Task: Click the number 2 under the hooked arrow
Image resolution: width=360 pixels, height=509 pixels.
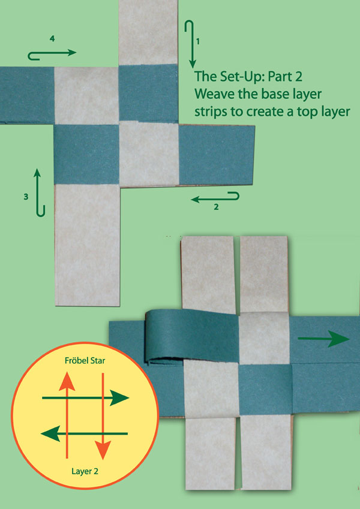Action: click(216, 208)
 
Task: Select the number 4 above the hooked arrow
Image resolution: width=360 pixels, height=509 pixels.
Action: click(53, 38)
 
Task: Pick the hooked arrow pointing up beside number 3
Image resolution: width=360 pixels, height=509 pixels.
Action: click(39, 192)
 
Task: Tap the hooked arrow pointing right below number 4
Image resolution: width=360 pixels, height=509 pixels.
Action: click(52, 54)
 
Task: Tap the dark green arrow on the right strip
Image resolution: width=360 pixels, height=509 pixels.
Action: click(324, 339)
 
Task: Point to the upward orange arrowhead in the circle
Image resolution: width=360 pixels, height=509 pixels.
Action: click(68, 380)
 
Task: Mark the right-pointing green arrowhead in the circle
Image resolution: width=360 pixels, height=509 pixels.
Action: click(122, 397)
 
